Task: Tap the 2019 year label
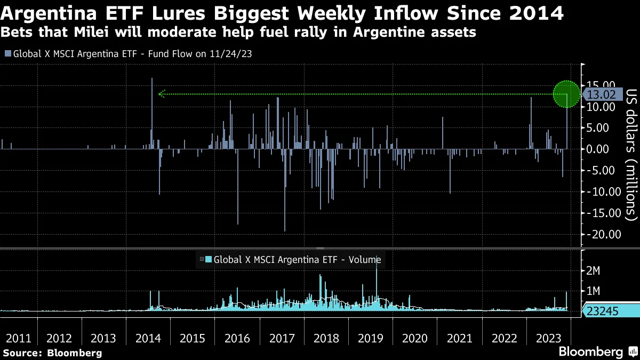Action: pos(371,339)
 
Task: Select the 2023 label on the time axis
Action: pos(548,339)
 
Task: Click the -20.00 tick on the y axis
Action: pos(603,235)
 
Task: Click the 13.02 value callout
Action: pos(601,95)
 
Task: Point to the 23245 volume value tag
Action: pos(603,311)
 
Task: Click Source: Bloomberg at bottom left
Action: pos(52,353)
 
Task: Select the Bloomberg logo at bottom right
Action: pos(597,352)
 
